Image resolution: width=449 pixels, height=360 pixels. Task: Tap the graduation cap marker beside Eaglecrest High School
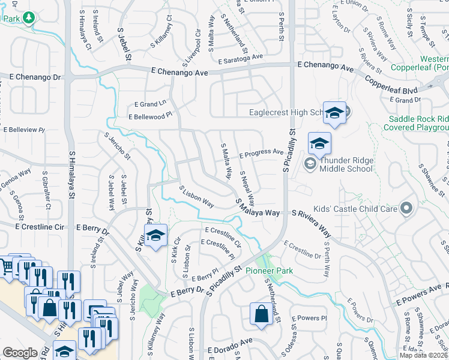[334, 112]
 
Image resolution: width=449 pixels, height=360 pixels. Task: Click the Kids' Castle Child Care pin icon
[406, 208]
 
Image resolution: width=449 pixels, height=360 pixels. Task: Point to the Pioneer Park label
[269, 271]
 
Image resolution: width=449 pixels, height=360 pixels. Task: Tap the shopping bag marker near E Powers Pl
[261, 314]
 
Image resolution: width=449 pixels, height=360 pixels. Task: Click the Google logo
[20, 353]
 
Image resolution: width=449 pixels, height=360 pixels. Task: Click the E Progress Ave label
[261, 154]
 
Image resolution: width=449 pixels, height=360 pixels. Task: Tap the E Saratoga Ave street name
[241, 59]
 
